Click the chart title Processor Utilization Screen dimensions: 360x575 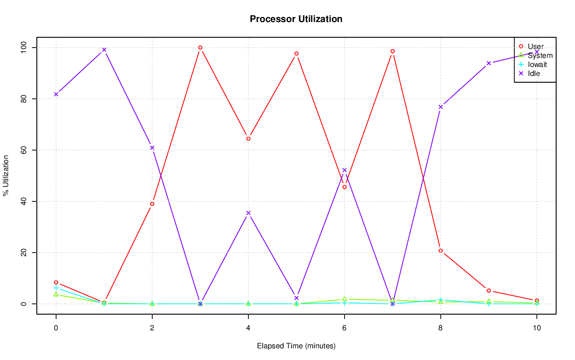click(x=296, y=19)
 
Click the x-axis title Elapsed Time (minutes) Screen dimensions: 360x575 click(x=296, y=346)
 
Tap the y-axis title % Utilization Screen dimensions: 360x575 click(x=6, y=176)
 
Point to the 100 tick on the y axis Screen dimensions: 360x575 click(x=23, y=48)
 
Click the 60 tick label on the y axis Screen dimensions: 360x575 click(x=23, y=150)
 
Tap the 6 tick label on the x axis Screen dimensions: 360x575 click(x=345, y=328)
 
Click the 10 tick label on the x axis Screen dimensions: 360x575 click(x=536, y=328)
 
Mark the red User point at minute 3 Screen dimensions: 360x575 click(x=200, y=48)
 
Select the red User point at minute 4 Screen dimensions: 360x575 click(x=248, y=138)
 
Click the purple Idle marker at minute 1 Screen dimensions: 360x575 click(x=104, y=50)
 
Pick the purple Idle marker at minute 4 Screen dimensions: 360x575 click(x=248, y=213)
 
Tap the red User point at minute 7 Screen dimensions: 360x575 click(x=393, y=51)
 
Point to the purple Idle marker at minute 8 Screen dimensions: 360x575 click(x=441, y=107)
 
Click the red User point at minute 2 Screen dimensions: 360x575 click(x=152, y=204)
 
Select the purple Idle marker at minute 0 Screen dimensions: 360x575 click(x=56, y=94)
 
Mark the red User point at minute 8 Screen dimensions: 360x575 click(x=441, y=251)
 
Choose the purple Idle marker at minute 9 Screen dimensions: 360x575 click(x=489, y=63)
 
